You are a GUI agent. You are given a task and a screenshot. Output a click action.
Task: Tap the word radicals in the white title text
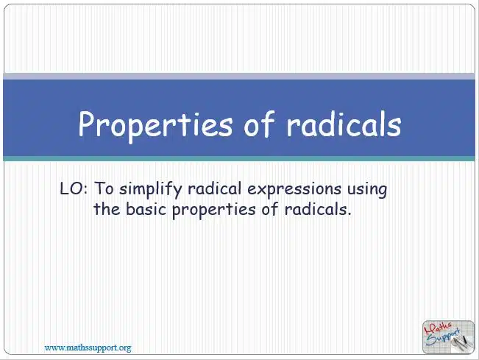pos(344,122)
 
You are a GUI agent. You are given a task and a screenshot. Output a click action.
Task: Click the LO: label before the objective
pos(74,188)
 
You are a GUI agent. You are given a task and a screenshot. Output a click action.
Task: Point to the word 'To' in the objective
pos(104,188)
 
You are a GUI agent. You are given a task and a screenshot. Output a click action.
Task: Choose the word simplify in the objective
pos(150,190)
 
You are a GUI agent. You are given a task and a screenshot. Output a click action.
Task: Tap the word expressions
pos(294,190)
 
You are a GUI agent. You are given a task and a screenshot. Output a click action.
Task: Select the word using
pos(367,190)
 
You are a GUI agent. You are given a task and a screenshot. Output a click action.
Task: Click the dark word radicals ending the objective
pos(318,209)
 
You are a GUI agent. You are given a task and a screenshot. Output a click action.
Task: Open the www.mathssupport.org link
pos(88,347)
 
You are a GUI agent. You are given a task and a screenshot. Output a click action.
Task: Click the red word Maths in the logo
pos(438,328)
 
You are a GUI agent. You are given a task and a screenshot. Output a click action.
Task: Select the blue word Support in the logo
pos(443,337)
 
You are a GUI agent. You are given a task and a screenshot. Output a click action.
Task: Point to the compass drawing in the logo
pos(461,343)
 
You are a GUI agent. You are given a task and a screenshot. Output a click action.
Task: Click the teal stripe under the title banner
pos(239,158)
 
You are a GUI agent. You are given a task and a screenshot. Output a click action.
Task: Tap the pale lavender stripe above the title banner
pos(239,77)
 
